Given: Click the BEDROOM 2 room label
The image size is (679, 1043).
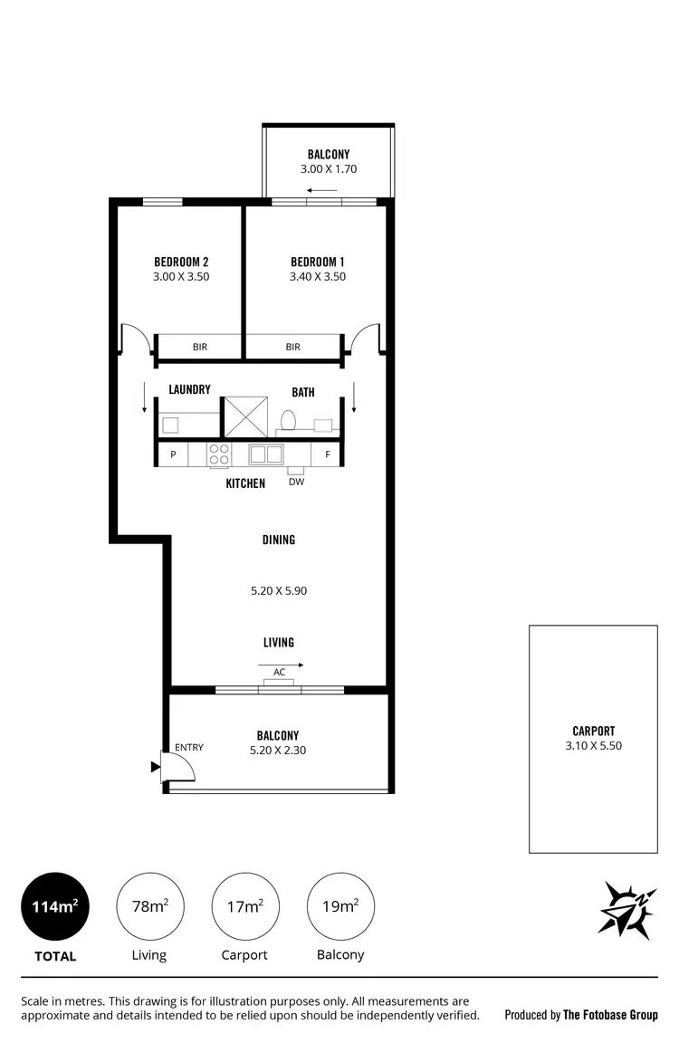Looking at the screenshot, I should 181,262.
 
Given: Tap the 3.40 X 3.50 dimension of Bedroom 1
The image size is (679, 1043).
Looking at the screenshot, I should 317,277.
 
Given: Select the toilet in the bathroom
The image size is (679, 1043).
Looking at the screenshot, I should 289,420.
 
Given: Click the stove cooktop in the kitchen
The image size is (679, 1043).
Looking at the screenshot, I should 219,454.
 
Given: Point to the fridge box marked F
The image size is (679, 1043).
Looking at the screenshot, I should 327,454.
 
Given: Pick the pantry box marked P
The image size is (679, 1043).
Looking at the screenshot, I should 172,454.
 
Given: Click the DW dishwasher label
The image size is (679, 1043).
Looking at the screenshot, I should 296,482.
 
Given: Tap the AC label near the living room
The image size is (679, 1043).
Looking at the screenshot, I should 279,672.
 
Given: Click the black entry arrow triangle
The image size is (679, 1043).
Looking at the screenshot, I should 155,767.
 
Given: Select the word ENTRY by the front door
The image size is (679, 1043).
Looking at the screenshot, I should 189,747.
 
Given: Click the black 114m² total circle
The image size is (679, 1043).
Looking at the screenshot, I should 55,906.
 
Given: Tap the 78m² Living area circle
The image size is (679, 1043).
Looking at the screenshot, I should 149,906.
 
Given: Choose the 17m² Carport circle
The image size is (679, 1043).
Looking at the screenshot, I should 244,906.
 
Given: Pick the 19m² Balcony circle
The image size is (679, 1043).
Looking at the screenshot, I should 341,906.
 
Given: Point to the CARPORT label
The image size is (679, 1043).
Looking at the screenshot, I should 593,731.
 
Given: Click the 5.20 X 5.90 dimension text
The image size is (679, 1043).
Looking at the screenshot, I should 279,591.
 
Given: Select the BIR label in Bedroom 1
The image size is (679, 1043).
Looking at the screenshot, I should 292,347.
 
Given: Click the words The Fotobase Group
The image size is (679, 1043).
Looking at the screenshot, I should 610,1015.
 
